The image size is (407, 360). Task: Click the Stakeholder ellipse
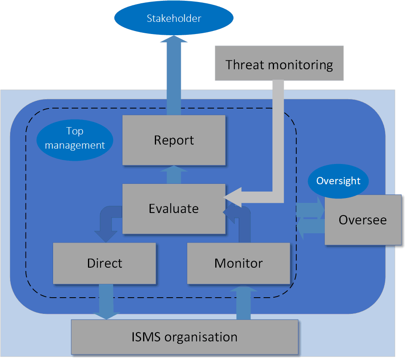(174, 19)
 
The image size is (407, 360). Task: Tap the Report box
(174, 140)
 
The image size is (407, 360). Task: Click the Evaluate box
(174, 209)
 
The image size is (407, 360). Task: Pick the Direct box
(105, 263)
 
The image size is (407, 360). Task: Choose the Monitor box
(238, 263)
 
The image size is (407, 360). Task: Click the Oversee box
(363, 220)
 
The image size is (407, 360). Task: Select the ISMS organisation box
(184, 337)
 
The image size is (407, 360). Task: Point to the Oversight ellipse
(338, 181)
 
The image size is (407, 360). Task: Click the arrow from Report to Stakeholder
(174, 77)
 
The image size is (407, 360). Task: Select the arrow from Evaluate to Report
(174, 175)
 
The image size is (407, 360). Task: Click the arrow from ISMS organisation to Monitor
(243, 302)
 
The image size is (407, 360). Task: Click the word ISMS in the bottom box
(147, 337)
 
